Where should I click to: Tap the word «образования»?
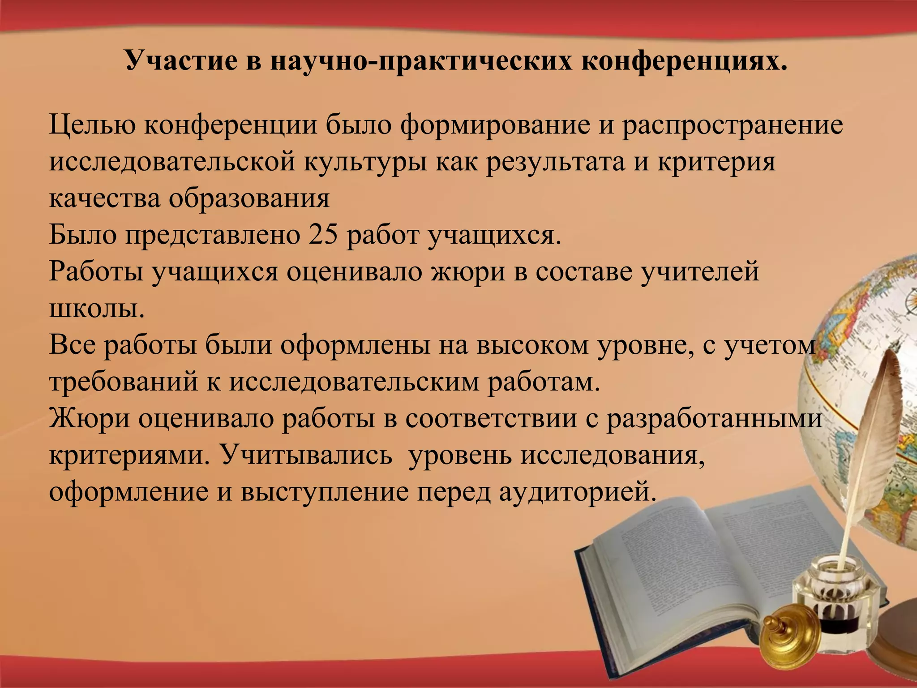coord(249,198)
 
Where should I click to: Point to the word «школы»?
coord(97,308)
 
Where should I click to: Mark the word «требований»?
coord(124,382)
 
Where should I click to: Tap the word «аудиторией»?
coord(577,492)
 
